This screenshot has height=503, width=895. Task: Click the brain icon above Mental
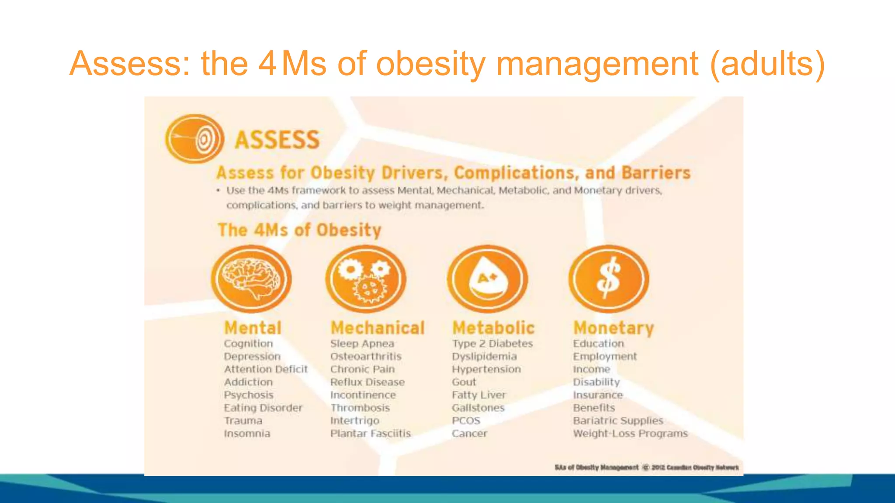[x=251, y=279]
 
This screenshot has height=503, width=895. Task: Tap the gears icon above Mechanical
[x=366, y=279]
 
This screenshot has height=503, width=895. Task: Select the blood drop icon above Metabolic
[x=487, y=279]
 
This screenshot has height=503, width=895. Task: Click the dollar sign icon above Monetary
[x=609, y=279]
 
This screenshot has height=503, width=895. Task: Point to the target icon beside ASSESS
[x=194, y=139]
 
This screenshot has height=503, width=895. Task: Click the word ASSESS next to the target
[x=277, y=140]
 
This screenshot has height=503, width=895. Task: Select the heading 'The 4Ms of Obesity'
[x=299, y=230]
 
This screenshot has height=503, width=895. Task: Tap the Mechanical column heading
[x=378, y=328]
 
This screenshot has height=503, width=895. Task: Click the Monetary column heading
[x=614, y=328]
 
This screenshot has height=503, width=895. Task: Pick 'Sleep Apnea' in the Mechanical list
[x=362, y=344]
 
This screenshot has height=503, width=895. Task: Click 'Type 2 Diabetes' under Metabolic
[x=493, y=344]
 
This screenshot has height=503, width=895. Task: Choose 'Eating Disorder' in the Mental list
[x=263, y=408]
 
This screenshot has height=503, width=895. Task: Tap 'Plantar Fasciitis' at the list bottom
[x=371, y=434]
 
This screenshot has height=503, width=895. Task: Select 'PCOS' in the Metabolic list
[x=466, y=421]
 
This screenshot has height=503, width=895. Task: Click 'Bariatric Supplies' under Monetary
[x=618, y=421]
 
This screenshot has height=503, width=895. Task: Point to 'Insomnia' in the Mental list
[x=247, y=434]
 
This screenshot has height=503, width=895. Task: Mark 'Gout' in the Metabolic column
[x=464, y=382]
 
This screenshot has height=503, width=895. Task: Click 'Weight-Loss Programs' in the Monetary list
[x=630, y=434]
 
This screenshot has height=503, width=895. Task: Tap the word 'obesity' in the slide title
[x=430, y=64]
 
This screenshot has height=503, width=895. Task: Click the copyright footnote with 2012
[x=646, y=467]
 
